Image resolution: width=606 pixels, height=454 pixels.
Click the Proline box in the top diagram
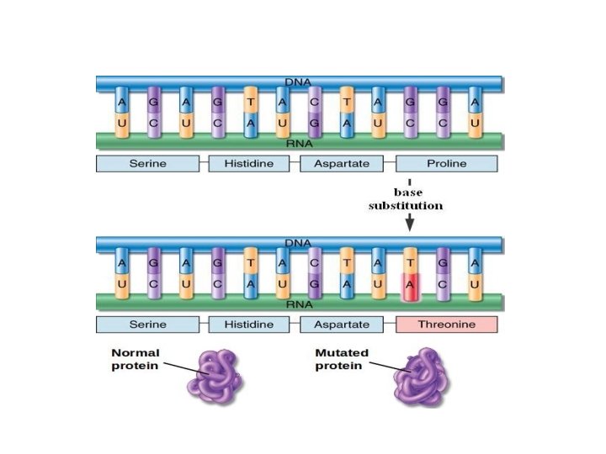(447, 163)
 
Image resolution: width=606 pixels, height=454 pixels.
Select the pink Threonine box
(447, 324)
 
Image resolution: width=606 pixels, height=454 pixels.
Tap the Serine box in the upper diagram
(147, 163)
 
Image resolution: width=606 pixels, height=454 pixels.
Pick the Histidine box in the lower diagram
(248, 324)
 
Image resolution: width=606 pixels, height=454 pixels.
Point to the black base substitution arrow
(410, 221)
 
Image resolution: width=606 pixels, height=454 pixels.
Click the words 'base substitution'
(406, 199)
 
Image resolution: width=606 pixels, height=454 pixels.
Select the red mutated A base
(411, 286)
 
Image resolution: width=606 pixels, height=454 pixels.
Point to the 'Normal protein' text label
(135, 360)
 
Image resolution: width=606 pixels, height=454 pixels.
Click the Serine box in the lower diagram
(147, 324)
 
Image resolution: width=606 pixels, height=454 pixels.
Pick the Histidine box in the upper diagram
(248, 163)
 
